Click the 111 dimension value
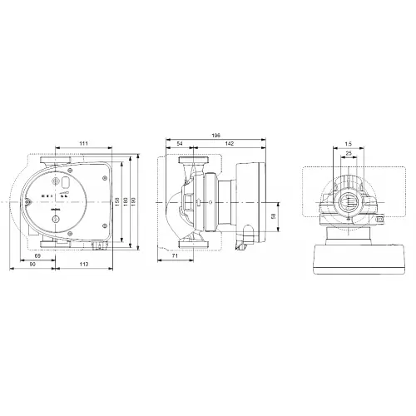point(83,145)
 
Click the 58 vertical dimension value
point(275,217)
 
